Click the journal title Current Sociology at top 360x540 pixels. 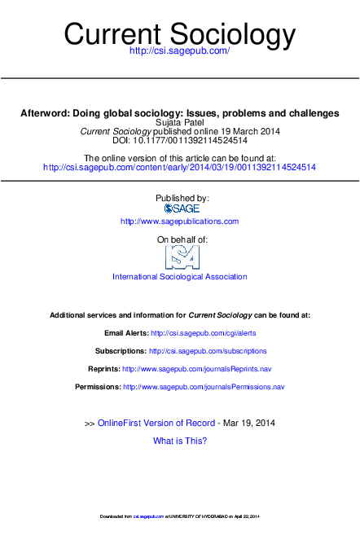pos(180,34)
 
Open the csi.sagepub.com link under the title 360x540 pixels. pos(180,51)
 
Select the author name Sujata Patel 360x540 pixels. pos(180,122)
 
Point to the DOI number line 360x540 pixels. pos(180,140)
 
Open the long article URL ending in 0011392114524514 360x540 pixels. pos(180,167)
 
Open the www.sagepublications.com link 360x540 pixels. pos(180,221)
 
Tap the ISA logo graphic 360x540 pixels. pos(182,257)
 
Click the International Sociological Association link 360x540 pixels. pos(180,277)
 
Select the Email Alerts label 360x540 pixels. pos(126,333)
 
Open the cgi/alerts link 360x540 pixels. pos(191,333)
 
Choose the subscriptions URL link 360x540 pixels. pos(208,351)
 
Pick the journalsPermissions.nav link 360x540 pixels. pos(204,387)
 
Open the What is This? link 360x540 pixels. pos(180,441)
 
